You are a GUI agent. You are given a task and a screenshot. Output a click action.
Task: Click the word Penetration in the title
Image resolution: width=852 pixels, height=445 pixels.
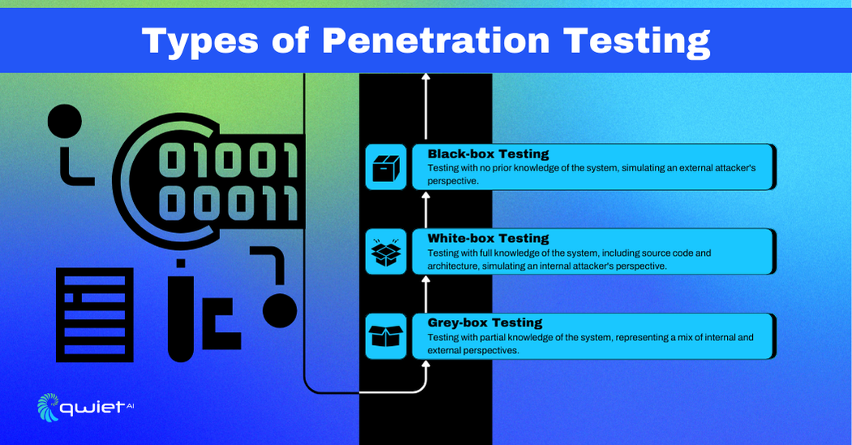(436, 41)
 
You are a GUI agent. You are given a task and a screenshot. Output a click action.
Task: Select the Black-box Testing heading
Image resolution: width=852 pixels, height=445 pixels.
(488, 154)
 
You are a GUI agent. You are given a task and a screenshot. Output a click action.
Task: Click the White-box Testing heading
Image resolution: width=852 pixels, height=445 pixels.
(488, 238)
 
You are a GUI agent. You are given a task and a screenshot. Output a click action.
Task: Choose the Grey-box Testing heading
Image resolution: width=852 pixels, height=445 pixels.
(484, 322)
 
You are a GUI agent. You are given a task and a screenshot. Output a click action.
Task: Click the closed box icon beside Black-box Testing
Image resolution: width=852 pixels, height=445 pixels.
(385, 167)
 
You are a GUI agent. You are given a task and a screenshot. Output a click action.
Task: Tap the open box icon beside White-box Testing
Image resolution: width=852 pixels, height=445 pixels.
(385, 252)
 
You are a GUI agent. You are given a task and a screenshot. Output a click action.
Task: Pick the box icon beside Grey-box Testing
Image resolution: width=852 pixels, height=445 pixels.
(385, 336)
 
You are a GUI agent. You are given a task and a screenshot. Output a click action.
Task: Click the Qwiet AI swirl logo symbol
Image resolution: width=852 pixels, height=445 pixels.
(47, 407)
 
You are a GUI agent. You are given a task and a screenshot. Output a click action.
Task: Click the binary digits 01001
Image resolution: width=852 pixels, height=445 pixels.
(229, 160)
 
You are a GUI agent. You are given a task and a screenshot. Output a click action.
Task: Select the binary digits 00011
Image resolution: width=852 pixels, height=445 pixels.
(229, 203)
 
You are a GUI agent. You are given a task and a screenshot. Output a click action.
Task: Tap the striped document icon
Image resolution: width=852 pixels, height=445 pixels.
(95, 315)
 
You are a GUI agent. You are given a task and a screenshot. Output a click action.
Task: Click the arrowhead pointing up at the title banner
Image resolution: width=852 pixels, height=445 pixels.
(426, 77)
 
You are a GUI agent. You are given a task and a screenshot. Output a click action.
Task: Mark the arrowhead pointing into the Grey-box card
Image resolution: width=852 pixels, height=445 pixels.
(426, 365)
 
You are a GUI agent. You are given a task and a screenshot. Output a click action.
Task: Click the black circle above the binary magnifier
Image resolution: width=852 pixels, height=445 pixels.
(65, 121)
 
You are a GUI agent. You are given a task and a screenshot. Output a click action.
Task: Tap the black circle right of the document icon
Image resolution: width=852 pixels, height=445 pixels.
(280, 311)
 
